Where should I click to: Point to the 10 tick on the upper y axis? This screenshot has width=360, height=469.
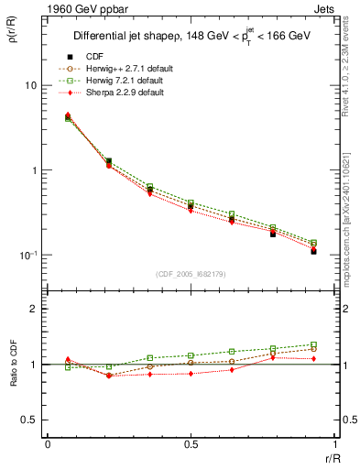click(30, 85)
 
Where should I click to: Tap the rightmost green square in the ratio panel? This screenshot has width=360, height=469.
click(313, 344)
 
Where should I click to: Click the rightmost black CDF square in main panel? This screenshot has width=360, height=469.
click(313, 250)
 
